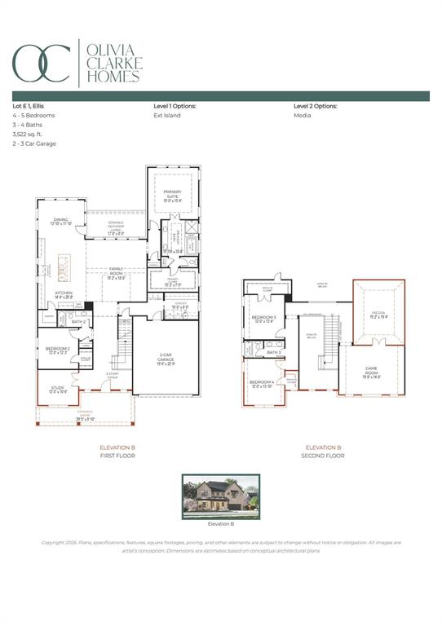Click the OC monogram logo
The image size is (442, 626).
point(41,62)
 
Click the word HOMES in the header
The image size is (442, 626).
point(113,77)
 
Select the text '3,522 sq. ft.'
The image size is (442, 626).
point(29,134)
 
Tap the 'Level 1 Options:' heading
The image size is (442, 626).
point(175,106)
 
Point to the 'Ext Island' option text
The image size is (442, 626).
point(167,116)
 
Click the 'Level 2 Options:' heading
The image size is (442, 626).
point(315,106)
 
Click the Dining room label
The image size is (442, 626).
point(61,221)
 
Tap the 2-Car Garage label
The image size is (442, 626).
point(166,357)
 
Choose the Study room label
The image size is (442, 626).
point(55,390)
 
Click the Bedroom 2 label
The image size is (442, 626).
point(57,350)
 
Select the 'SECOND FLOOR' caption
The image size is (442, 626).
point(323,456)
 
